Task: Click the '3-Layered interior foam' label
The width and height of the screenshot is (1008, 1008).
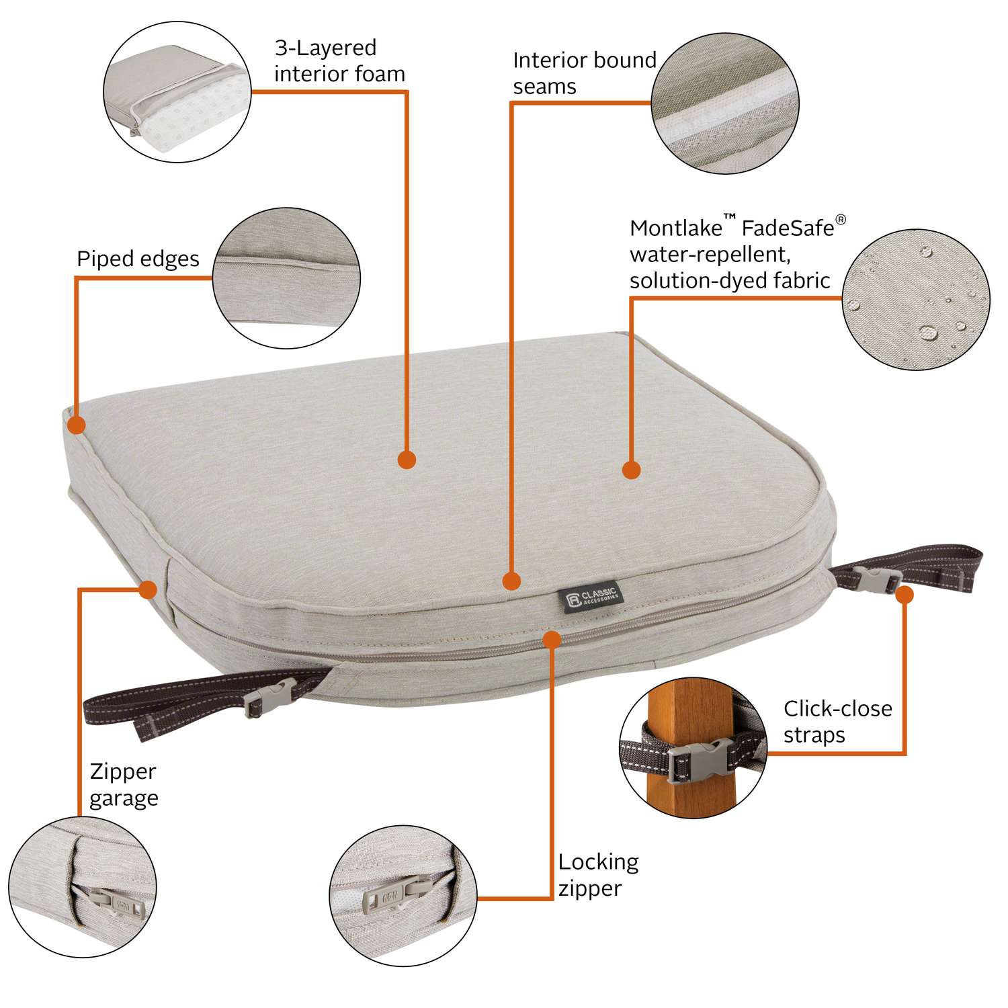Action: (339, 60)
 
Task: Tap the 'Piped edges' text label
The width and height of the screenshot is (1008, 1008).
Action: (138, 259)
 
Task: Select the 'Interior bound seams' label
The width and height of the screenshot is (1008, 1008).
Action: (584, 73)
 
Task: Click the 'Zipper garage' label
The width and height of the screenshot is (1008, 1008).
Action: (124, 784)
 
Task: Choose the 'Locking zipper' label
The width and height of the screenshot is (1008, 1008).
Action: (598, 874)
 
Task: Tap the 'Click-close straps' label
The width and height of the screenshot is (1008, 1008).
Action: (837, 721)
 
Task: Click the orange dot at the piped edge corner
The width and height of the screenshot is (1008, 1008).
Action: (77, 425)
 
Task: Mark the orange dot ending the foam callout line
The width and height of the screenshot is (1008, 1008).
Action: (407, 460)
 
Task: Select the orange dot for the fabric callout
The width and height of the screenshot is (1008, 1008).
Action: (631, 470)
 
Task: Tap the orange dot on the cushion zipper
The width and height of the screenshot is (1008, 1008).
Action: (552, 639)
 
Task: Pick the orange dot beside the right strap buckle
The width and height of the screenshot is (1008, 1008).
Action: (905, 594)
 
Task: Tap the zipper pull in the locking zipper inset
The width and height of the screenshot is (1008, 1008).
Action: (386, 896)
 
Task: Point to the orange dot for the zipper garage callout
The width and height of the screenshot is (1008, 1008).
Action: (148, 589)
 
